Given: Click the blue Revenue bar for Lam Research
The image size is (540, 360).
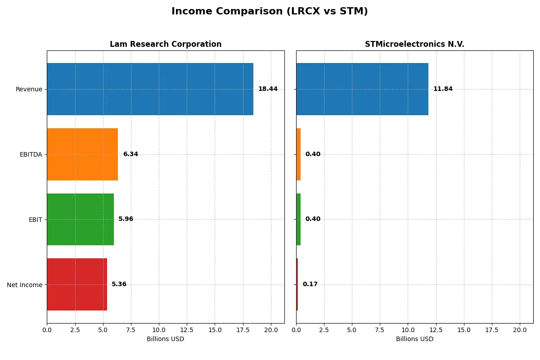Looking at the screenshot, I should [150, 89].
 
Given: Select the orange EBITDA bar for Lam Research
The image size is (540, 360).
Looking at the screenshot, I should [82, 154].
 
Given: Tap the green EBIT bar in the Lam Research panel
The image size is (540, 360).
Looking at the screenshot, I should [80, 219].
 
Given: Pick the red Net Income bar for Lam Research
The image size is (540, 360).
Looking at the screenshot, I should [77, 284].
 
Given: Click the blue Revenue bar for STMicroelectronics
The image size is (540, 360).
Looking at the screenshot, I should [362, 89].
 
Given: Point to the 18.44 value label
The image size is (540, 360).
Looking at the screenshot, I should [268, 89].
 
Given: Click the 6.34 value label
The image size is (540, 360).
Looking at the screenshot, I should [130, 154].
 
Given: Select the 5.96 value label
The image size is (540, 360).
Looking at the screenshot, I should [126, 219].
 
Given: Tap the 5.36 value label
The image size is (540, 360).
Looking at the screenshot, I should [119, 284].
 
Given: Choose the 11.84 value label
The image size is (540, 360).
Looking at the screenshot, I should [443, 89].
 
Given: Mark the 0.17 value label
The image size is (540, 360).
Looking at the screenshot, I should [310, 284].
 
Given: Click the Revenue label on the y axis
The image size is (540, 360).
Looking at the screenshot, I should [29, 89].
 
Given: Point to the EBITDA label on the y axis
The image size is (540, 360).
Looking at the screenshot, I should [31, 154].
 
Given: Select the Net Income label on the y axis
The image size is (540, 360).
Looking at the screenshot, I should [25, 285].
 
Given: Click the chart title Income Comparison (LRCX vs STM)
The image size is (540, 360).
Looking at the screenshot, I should [270, 11].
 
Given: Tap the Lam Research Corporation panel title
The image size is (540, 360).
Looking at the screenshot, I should [166, 44].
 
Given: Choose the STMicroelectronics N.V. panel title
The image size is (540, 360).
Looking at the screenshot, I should [414, 44].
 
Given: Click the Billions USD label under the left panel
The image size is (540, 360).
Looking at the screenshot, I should [165, 339].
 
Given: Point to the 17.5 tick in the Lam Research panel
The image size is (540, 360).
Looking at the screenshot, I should [243, 330].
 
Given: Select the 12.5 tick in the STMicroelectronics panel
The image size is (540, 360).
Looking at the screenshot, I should [436, 330].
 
